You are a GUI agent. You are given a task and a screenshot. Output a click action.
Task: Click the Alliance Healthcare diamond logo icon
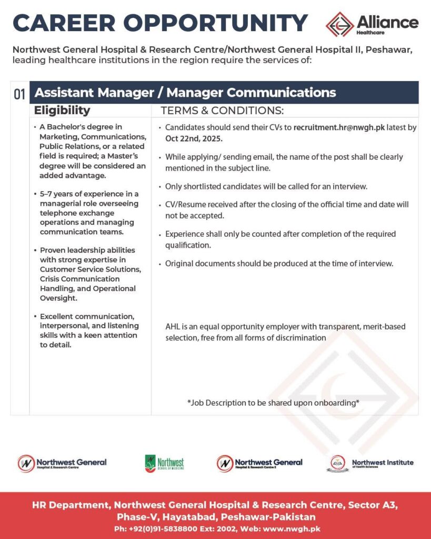[339, 24]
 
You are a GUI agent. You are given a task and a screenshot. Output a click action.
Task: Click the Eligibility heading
[62, 111]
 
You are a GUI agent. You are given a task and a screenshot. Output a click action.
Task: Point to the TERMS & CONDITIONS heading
[222, 111]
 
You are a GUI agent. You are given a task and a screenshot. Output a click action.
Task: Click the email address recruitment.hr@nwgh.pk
[339, 127]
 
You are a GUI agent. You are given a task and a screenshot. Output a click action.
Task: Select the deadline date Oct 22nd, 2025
[194, 138]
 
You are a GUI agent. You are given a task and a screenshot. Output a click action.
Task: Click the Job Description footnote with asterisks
[273, 403]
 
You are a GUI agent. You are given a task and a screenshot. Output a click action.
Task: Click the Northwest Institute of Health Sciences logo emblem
[339, 463]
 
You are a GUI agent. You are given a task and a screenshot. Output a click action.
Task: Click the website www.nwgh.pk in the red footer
[293, 528]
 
